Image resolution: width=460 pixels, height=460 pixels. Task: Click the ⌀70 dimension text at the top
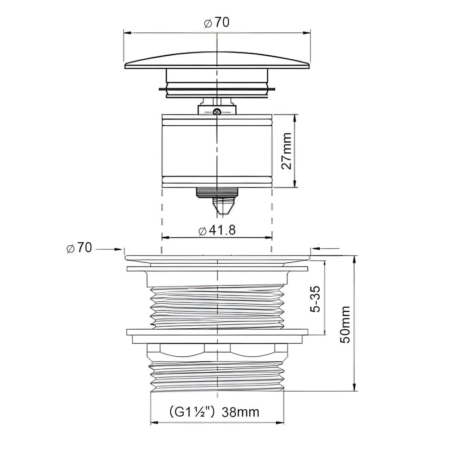click(x=217, y=22)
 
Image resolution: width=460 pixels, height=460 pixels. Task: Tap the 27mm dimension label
click(x=287, y=151)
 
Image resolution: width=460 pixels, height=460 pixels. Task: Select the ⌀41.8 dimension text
click(x=217, y=230)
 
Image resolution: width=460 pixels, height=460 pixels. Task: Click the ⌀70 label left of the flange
click(x=79, y=248)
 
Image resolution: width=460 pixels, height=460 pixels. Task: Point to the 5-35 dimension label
click(x=316, y=299)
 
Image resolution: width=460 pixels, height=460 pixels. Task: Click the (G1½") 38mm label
click(x=214, y=412)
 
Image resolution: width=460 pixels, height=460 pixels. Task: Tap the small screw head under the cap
click(x=217, y=111)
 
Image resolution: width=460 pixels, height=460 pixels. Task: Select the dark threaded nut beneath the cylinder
click(x=217, y=192)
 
